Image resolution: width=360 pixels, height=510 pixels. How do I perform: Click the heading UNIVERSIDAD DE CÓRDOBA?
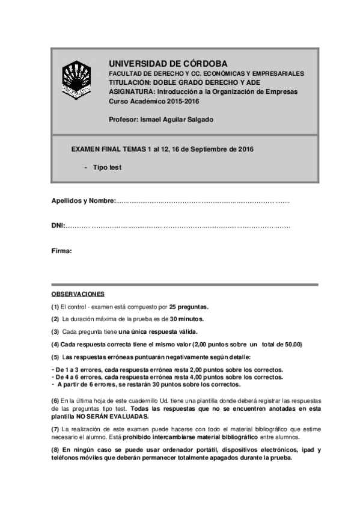pos(168,63)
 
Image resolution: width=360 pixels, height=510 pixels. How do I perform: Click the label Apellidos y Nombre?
pos(83,201)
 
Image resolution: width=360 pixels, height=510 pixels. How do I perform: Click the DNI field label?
pos(58,226)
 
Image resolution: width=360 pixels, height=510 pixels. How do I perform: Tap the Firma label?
pos(61,251)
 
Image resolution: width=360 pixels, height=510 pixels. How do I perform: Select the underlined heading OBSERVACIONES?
pos(78,294)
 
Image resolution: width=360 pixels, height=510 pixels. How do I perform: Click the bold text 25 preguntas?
pos(189,306)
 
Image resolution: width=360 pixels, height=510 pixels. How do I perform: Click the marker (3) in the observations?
pos(55,331)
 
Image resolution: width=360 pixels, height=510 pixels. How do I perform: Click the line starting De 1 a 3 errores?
pos(168,369)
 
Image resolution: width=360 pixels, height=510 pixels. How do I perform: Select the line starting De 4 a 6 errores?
pos(168,377)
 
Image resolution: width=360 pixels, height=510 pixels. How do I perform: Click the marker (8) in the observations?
pos(55,450)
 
